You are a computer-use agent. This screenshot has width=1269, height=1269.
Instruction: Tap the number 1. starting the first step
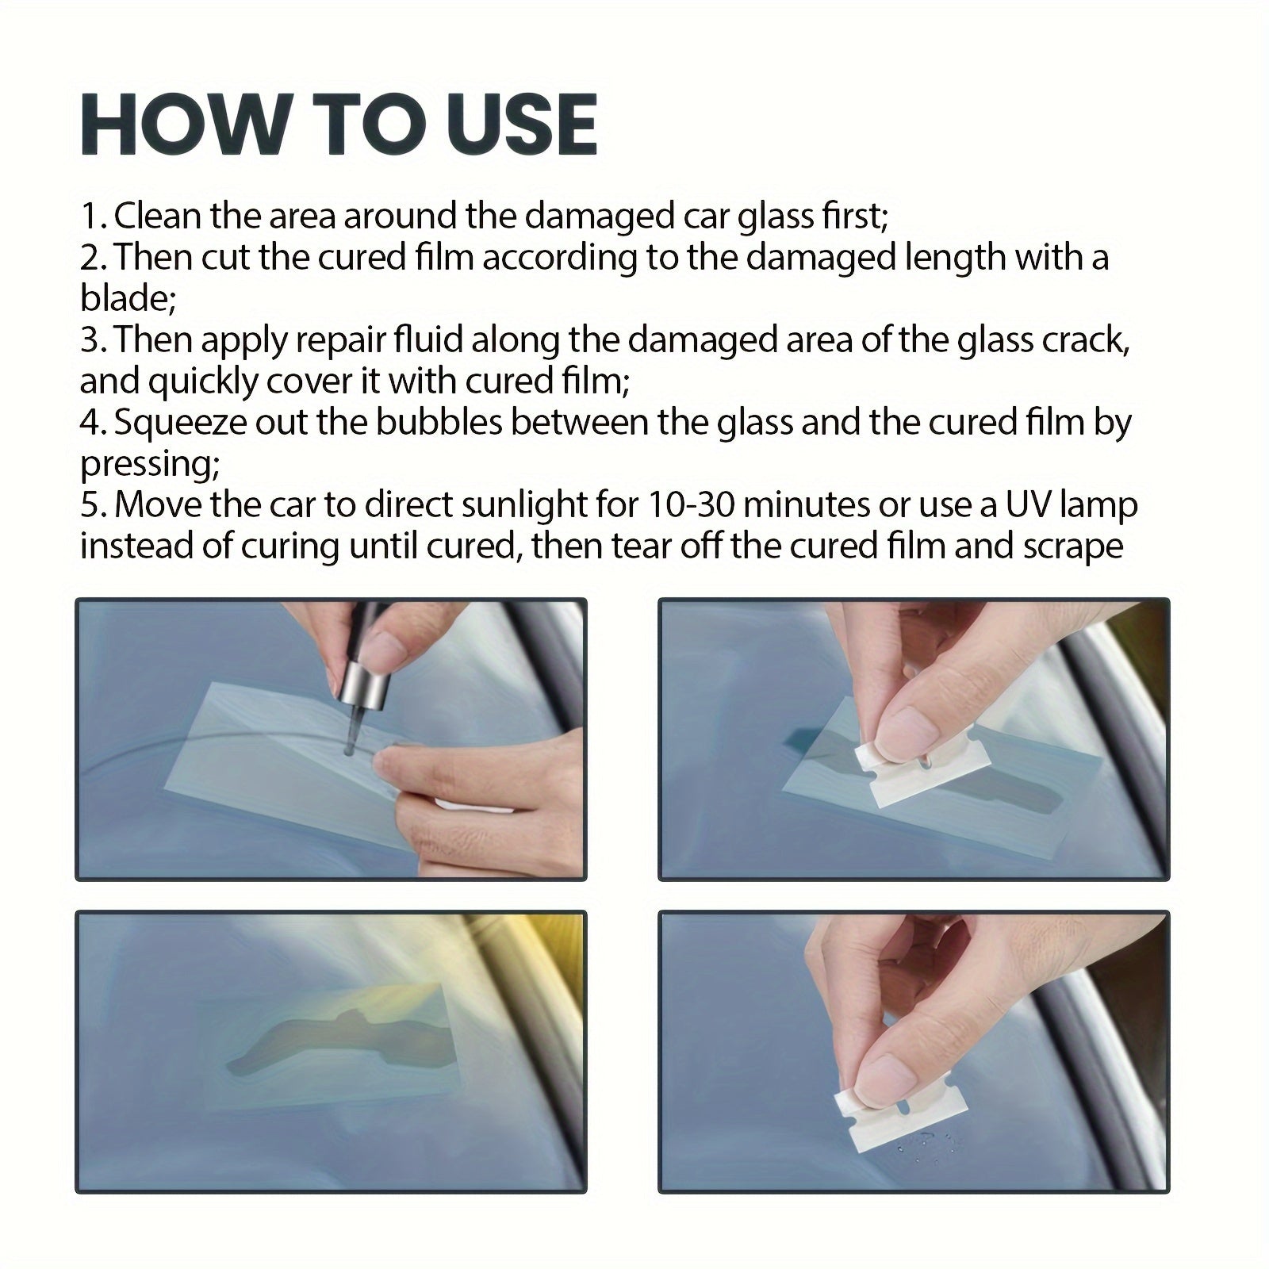tap(94, 217)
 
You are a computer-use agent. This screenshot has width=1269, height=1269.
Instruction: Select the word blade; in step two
tap(128, 299)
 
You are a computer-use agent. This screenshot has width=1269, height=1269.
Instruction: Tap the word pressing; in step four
tap(149, 464)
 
